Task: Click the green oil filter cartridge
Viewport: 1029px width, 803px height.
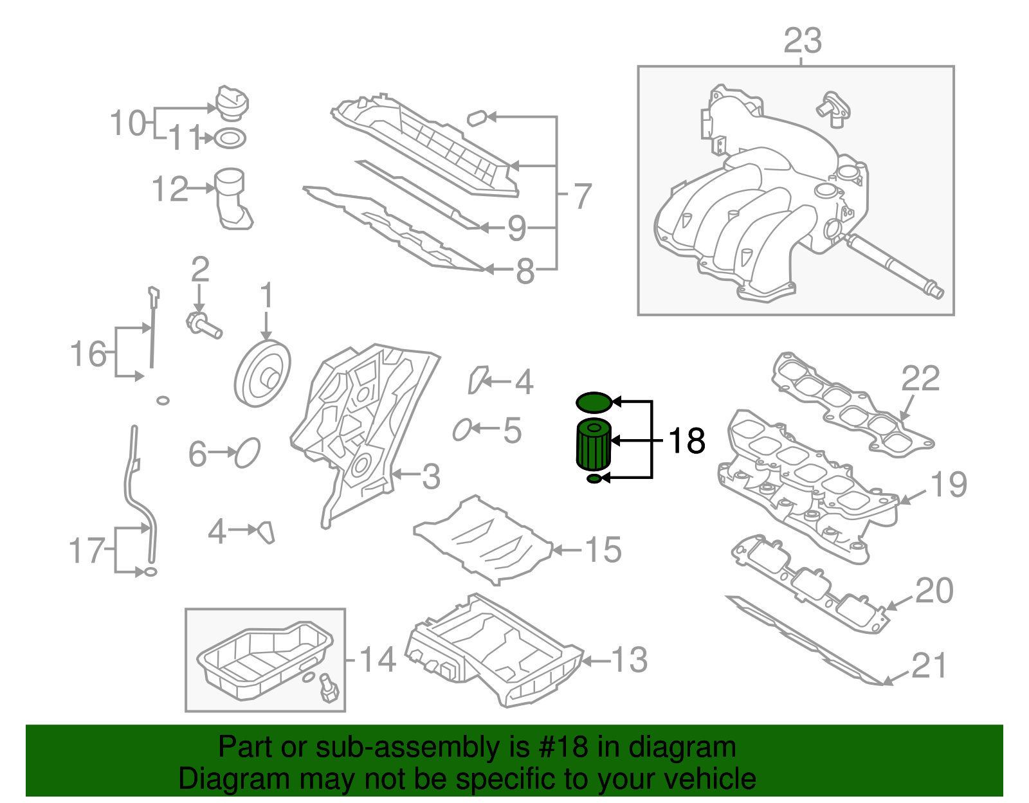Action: [592, 445]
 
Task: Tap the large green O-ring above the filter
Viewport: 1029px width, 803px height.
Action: [593, 402]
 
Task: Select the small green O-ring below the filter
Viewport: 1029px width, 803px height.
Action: [594, 479]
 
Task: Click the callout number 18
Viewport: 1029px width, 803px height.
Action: [687, 441]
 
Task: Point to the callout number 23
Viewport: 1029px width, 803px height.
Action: [802, 41]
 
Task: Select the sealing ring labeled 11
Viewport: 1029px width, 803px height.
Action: [230, 138]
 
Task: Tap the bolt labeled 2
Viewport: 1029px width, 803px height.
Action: [203, 324]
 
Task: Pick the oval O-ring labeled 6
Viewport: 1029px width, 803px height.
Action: [248, 453]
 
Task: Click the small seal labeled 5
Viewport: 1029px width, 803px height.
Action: [462, 429]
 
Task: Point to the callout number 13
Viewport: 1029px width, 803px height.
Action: [629, 660]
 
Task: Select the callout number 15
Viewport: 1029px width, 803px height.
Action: [603, 550]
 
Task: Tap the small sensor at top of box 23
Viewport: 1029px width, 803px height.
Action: [832, 109]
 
